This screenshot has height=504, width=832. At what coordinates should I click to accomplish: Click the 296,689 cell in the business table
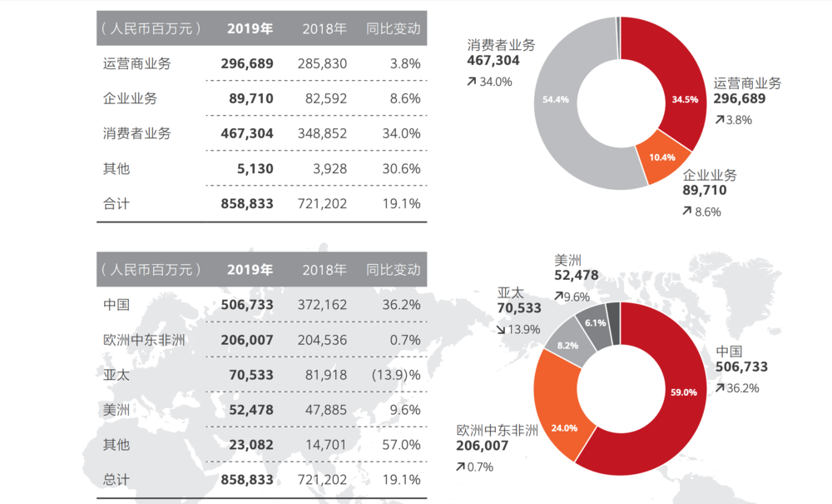(x=247, y=63)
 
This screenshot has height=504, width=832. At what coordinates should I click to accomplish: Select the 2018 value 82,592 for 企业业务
(x=322, y=98)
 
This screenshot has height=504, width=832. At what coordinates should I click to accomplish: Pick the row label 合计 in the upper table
(x=116, y=203)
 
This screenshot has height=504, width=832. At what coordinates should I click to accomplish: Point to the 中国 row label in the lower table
(x=116, y=305)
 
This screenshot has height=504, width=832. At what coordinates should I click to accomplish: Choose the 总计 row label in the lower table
(x=116, y=480)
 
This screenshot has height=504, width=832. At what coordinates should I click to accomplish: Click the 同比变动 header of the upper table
(x=394, y=28)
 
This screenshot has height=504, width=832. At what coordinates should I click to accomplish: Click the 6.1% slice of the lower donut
(x=596, y=322)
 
